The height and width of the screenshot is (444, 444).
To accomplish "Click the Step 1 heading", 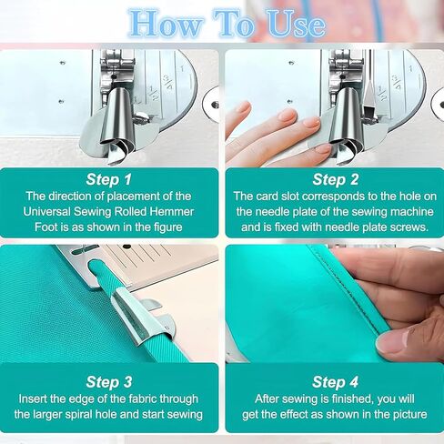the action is tap(109, 179).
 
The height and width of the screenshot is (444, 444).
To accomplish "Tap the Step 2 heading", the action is tap(336, 179).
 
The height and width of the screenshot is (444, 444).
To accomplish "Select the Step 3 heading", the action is tap(109, 382).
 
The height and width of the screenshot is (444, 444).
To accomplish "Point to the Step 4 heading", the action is tap(336, 382).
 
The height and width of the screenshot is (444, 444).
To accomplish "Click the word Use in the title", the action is tap(297, 25).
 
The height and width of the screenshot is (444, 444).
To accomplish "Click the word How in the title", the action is tap(166, 25).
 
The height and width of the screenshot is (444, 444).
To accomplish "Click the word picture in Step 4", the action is tap(410, 414).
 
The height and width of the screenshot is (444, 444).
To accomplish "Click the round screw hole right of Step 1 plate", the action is tap(215, 105).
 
